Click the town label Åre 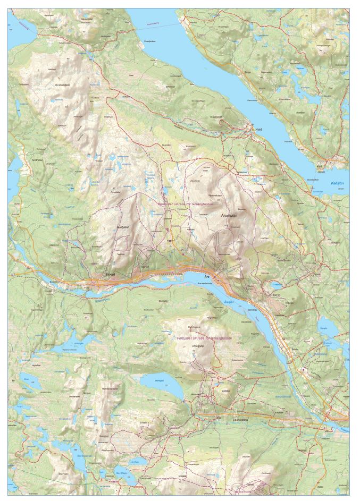[x=206, y=276]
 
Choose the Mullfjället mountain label [x=123, y=226]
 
